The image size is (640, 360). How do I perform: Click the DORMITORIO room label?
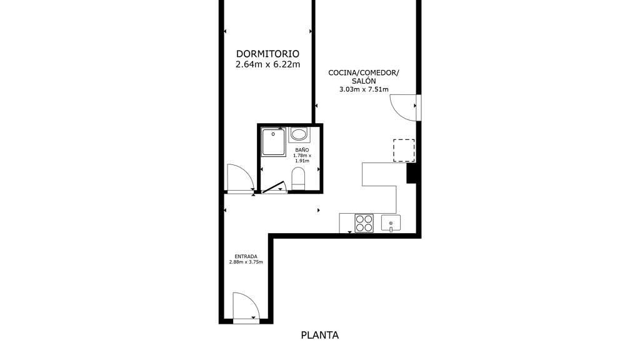(267, 54)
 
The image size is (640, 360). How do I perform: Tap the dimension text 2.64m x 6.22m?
(267, 64)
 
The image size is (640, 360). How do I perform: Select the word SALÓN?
(364, 81)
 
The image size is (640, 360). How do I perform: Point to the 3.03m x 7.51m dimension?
(364, 89)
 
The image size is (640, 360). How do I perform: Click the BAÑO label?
(302, 150)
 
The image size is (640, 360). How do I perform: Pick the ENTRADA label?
(246, 257)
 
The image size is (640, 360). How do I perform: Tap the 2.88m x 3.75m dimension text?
(246, 262)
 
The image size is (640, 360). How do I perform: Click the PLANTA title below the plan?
(319, 335)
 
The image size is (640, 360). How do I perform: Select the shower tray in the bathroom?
(274, 142)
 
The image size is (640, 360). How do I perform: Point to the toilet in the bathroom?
(298, 178)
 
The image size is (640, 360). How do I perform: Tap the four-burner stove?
(364, 223)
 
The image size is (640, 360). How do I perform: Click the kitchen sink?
(391, 223)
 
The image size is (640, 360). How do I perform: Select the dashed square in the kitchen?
(404, 150)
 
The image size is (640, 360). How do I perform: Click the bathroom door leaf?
(274, 187)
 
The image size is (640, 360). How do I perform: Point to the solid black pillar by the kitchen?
(411, 173)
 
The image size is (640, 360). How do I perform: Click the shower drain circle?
(273, 134)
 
